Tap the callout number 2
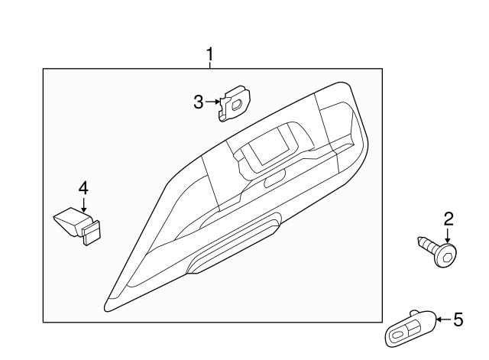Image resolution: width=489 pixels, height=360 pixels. coord(449,220)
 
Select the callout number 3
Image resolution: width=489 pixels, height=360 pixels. coord(199,102)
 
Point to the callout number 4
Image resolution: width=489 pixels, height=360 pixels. coord(83,187)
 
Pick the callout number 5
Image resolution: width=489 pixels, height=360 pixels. coord(458,319)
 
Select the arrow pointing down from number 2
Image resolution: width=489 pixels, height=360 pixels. coord(449,235)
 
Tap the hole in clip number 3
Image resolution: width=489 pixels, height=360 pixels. coord(237,100)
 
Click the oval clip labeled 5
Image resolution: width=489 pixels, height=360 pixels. coord(413,329)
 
